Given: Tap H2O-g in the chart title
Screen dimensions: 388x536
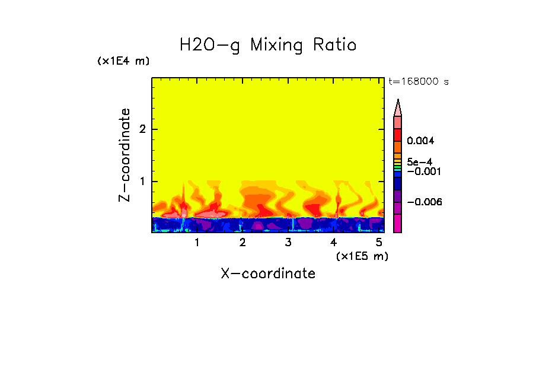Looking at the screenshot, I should pyautogui.click(x=210, y=46).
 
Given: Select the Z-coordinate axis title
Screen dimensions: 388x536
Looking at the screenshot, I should pyautogui.click(x=125, y=155).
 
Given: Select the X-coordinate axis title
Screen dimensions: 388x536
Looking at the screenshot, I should pyautogui.click(x=268, y=273).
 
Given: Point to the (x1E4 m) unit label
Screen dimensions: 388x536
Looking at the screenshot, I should pyautogui.click(x=123, y=61).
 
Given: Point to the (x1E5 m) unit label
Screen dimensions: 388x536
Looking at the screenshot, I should pyautogui.click(x=362, y=256).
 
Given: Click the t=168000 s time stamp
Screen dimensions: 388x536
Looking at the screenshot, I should pyautogui.click(x=418, y=82).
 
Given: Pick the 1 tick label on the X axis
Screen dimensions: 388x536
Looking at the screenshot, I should pyautogui.click(x=197, y=243).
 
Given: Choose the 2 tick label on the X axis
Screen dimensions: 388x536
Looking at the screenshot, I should pyautogui.click(x=243, y=243).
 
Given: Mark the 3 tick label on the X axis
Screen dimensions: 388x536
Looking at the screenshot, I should pyautogui.click(x=288, y=243).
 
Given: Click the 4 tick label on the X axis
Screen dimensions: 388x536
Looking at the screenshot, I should pyautogui.click(x=334, y=243).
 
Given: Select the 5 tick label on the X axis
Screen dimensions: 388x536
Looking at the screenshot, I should pyautogui.click(x=379, y=243).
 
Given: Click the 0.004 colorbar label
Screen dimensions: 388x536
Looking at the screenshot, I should pyautogui.click(x=421, y=141).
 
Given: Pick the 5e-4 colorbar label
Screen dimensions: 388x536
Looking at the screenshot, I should pyautogui.click(x=419, y=161).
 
